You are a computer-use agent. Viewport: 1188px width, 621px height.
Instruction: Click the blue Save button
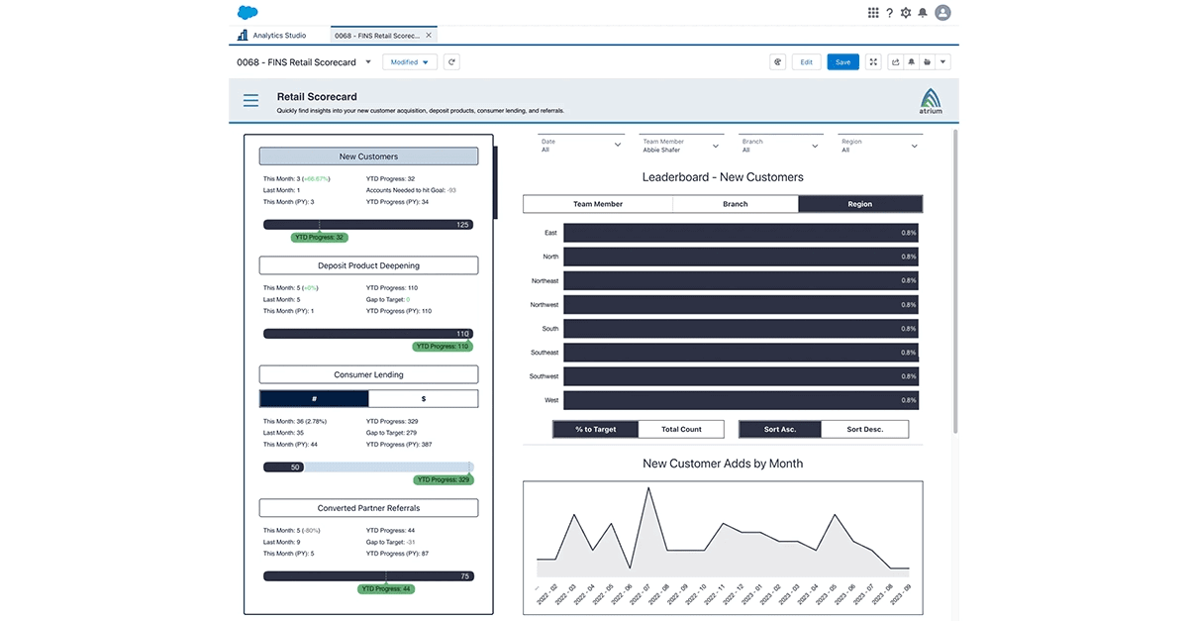coord(842,61)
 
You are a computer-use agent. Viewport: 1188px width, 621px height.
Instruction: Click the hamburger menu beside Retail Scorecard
coord(251,100)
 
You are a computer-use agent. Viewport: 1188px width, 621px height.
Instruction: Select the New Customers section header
coord(368,156)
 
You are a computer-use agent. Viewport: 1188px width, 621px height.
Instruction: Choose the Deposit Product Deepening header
coord(368,265)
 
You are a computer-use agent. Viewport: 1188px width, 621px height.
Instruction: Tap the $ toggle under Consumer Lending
coord(424,398)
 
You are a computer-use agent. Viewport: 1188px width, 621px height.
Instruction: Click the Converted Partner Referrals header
coord(368,508)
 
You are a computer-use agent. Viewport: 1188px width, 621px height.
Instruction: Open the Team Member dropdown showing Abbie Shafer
coord(680,146)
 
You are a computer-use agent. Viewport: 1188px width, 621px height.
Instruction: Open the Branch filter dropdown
coord(781,146)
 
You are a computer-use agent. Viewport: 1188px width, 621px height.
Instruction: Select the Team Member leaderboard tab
coord(598,204)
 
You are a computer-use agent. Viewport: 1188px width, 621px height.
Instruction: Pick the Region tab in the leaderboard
coord(860,204)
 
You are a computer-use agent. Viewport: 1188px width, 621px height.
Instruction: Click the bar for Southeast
coord(741,353)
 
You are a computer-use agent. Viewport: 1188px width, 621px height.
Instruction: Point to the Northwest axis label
coord(544,305)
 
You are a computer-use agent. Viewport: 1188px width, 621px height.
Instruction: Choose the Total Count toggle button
coord(681,430)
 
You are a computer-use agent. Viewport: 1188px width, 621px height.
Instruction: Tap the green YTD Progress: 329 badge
coord(443,479)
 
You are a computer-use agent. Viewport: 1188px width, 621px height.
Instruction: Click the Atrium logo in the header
coord(931,101)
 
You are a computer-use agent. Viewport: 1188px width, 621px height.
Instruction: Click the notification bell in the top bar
coord(923,13)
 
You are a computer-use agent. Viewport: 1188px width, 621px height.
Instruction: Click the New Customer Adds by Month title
coord(723,464)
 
